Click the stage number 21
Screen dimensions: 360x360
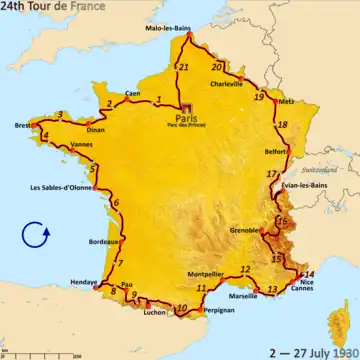coord(183,67)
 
